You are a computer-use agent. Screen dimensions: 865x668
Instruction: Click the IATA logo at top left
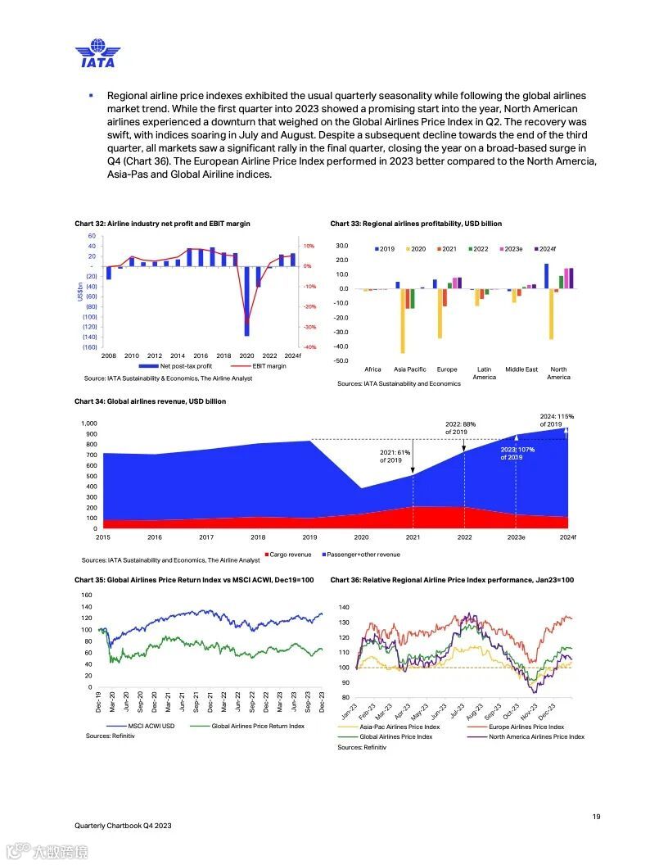pos(97,53)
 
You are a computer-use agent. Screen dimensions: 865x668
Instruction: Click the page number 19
pos(597,816)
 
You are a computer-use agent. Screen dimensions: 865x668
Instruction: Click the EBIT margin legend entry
pos(260,366)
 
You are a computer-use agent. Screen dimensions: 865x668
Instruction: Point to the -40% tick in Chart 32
pos(309,347)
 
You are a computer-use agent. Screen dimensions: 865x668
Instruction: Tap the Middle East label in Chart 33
pos(521,369)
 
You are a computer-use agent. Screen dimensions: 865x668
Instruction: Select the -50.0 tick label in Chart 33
pos(341,361)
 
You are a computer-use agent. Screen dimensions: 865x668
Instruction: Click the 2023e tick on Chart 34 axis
pos(516,537)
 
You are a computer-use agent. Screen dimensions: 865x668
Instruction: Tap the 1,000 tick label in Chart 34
pos(88,423)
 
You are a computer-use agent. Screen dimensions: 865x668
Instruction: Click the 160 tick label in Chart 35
pos(87,595)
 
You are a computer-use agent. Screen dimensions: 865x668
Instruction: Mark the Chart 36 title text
pos(452,580)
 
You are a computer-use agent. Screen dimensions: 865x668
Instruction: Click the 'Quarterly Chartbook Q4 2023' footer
pos(123,826)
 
